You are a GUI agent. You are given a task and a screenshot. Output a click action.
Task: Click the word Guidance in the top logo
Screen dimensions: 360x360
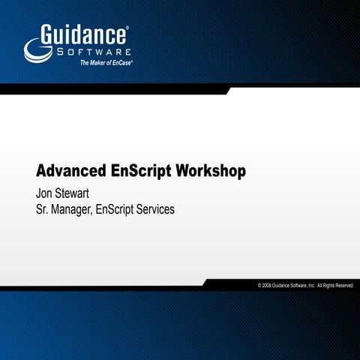coord(84,34)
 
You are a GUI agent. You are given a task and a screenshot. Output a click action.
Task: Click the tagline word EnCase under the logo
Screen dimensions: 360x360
coord(120,64)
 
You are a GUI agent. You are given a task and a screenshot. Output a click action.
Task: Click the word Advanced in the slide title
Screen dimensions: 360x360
coord(68,171)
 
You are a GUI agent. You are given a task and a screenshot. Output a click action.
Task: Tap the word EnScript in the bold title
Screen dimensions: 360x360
coord(137,171)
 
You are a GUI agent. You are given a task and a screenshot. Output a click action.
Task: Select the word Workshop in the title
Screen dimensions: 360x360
coord(210,171)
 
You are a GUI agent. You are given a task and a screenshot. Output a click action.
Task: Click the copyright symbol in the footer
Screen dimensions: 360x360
coord(259,286)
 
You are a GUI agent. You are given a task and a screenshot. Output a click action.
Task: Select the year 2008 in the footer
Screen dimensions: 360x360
coord(268,286)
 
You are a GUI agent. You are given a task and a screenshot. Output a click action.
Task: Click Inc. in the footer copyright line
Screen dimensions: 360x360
coord(310,286)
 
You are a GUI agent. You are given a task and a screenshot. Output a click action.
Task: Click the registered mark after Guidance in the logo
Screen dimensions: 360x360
coord(127,27)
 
